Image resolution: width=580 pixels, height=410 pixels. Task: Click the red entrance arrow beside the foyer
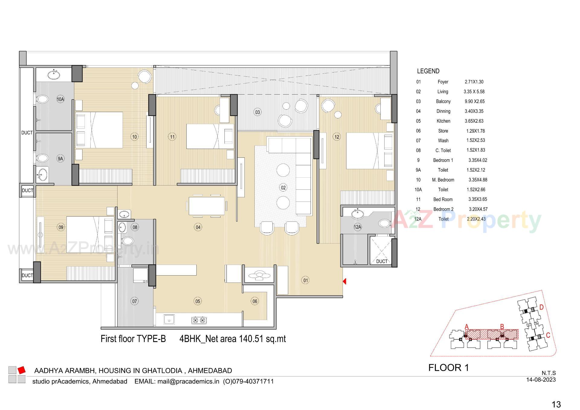tap(344, 281)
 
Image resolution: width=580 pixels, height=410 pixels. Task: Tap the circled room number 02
tap(283, 188)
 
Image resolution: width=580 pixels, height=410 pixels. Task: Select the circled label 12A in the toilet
tap(357, 227)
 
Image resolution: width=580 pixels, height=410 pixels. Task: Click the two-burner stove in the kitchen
tap(199, 320)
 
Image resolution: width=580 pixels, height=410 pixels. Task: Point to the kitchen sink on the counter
tap(169, 319)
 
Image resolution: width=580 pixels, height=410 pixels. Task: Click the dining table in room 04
tap(207, 206)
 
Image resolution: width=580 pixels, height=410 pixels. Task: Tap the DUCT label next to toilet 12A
tap(382, 261)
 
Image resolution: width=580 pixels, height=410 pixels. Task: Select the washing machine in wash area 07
tap(140, 275)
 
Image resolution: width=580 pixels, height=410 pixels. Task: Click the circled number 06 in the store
tap(255, 301)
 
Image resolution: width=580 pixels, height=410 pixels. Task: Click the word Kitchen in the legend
tap(443, 121)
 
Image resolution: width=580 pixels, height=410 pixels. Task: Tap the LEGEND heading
tap(428, 71)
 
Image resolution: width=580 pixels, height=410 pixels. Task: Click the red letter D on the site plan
tap(541, 307)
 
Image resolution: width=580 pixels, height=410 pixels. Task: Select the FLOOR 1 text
tap(449, 368)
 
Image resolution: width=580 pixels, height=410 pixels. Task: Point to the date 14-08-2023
tap(541, 380)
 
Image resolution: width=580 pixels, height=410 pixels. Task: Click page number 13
tap(556, 404)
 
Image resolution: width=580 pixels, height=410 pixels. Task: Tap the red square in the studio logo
tap(21, 370)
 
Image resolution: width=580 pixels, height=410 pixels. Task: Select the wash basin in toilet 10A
tap(54, 74)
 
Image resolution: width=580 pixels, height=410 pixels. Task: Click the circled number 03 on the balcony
tap(257, 112)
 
